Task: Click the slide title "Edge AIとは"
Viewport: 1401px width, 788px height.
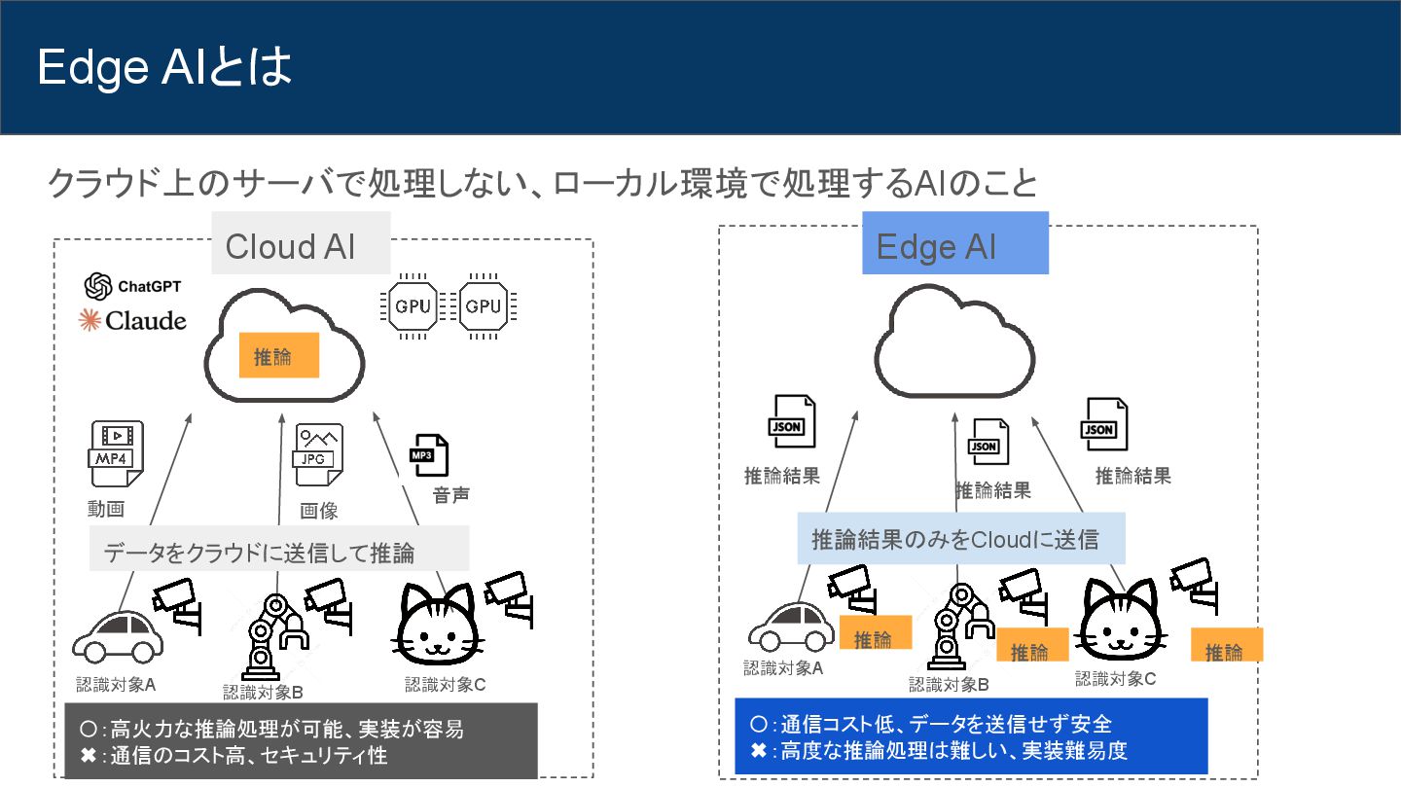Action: coord(164,68)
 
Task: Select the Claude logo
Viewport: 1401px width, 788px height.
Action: coord(132,320)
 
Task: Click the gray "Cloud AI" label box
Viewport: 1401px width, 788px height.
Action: coord(301,244)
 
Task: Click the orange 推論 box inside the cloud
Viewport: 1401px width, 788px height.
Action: coord(279,356)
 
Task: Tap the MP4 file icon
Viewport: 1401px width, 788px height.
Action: coord(116,454)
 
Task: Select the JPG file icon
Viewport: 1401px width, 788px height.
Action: coord(318,454)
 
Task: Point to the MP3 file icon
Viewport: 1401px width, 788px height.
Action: coord(428,454)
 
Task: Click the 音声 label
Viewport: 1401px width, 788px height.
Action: coord(450,495)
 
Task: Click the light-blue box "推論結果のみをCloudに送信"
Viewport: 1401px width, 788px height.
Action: coord(960,539)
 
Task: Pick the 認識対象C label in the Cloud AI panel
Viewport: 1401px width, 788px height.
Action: coord(445,685)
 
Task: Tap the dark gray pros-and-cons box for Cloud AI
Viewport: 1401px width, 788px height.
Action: coord(301,740)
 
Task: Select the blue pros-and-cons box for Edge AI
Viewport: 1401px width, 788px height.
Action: coord(970,735)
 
